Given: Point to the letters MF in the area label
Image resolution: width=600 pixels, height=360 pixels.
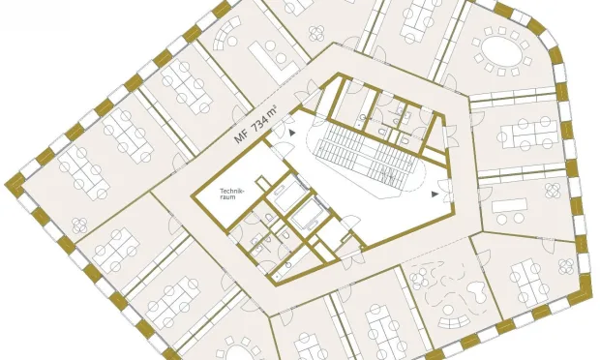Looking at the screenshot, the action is pyautogui.click(x=241, y=136).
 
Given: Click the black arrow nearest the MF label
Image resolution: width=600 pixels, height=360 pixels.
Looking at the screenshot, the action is pyautogui.click(x=292, y=133).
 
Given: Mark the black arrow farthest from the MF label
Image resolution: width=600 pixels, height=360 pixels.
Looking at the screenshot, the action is pyautogui.click(x=435, y=194).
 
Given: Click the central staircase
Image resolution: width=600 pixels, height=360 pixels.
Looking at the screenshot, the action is pyautogui.click(x=367, y=153).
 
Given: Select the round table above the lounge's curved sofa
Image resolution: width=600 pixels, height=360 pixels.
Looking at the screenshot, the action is pyautogui.click(x=448, y=309).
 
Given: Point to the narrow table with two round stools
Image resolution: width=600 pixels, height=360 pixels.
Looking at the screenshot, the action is pyautogui.click(x=509, y=206).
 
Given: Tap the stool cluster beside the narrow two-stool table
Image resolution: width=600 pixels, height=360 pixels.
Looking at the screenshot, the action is pyautogui.click(x=553, y=190).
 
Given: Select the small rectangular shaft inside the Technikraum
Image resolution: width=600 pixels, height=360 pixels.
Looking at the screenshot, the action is pyautogui.click(x=261, y=183).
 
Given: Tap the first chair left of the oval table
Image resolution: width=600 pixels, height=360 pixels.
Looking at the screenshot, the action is pyautogui.click(x=476, y=42).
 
